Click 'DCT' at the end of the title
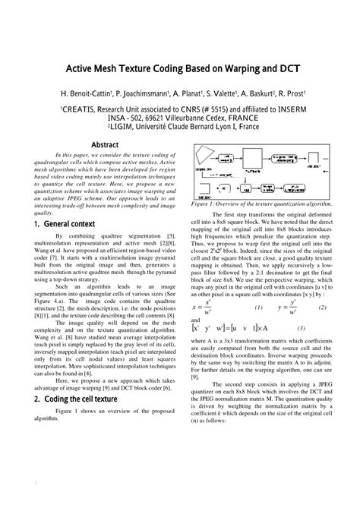click(x=289, y=68)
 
